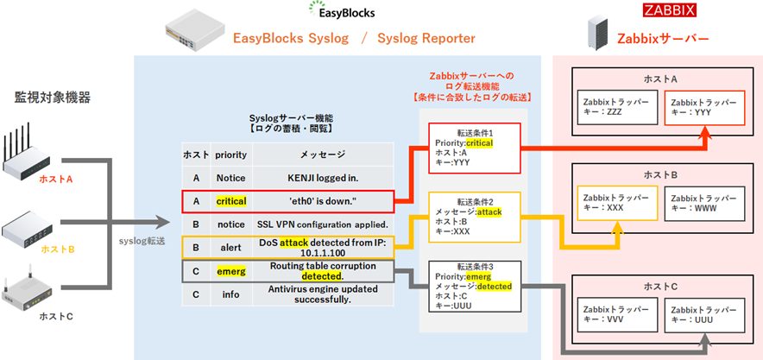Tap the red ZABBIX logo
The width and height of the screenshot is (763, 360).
670,10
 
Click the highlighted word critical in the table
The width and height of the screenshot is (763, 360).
231,201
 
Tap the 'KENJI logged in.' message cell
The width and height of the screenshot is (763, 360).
323,179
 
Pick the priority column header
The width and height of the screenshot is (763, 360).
231,155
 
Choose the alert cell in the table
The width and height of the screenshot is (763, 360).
231,248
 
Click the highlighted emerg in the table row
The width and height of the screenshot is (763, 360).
231,272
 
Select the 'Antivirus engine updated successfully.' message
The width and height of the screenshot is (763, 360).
323,294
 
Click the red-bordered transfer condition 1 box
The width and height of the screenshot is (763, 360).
475,148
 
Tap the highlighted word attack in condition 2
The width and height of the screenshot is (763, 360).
489,212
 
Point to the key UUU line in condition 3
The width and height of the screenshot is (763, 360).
452,306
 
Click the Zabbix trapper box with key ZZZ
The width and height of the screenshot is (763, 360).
616,107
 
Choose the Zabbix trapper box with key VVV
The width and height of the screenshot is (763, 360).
616,313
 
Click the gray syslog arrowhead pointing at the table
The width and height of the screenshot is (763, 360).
163,224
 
